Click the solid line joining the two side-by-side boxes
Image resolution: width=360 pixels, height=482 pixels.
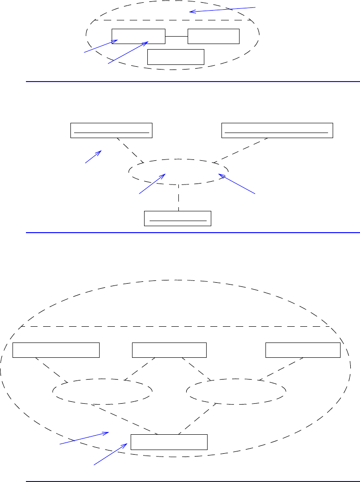[x=176, y=36]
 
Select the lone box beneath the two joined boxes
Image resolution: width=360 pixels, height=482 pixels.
[x=176, y=57]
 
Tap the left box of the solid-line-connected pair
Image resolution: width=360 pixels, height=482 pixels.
[x=139, y=36]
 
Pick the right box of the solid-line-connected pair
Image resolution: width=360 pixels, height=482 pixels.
[x=214, y=36]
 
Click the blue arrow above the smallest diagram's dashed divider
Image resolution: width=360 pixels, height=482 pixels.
[x=222, y=9]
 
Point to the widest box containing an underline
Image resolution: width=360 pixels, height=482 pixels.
[x=278, y=130]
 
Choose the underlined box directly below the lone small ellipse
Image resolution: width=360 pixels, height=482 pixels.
[x=178, y=218]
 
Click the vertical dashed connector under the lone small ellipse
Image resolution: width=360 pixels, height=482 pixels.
[x=178, y=197]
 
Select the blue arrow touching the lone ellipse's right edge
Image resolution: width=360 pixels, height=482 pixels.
[x=237, y=184]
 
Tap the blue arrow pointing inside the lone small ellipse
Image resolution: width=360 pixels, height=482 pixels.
[x=152, y=184]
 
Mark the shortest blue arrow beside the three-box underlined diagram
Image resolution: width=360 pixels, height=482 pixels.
[x=93, y=156]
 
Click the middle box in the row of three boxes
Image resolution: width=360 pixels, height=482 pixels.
[x=169, y=350]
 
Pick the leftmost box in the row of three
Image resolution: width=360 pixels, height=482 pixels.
[x=56, y=350]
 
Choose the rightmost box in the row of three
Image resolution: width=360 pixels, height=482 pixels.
[x=303, y=350]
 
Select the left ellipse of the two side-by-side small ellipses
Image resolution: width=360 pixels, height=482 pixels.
[x=102, y=392]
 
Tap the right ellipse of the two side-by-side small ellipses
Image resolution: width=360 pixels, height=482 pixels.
[x=236, y=392]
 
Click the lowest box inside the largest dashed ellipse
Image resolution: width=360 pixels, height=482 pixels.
[x=169, y=442]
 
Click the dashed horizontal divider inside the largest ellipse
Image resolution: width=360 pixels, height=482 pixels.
[x=176, y=326]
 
